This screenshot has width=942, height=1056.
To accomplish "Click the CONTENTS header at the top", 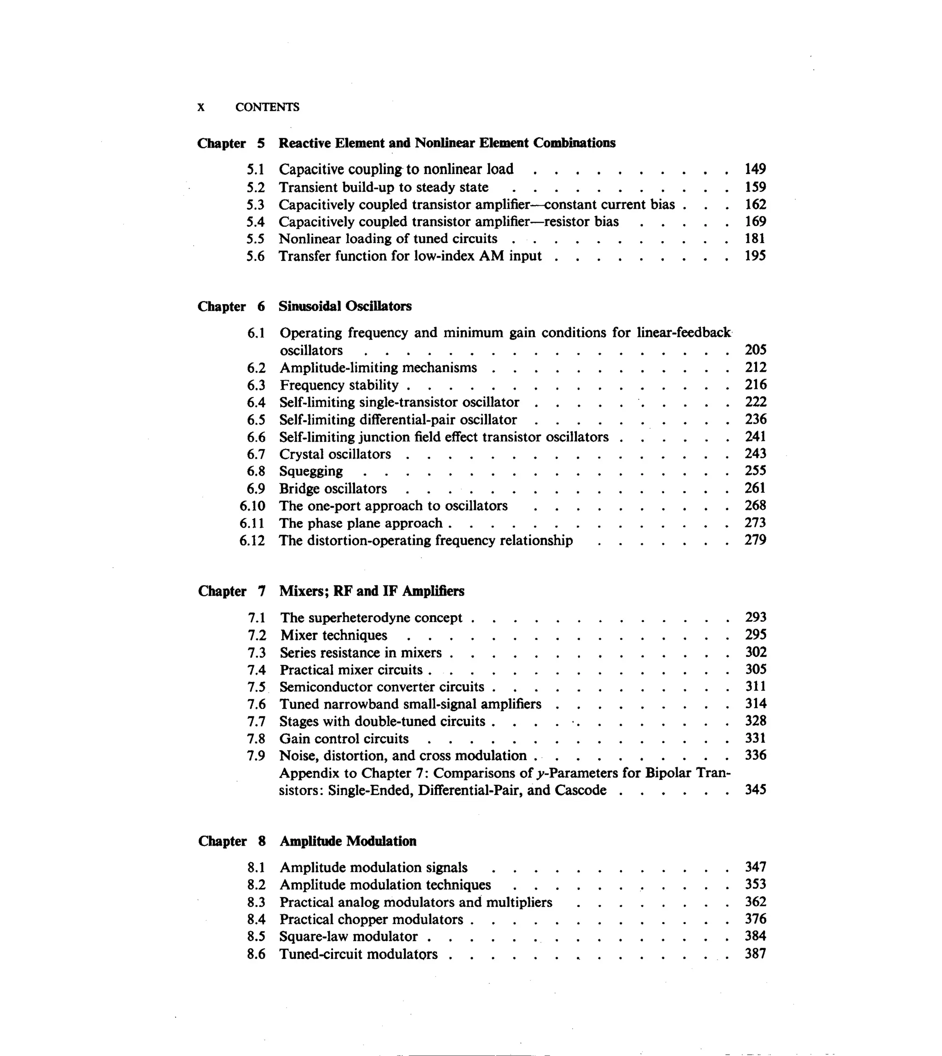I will pyautogui.click(x=267, y=107).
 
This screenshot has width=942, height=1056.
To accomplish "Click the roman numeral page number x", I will pyautogui.click(x=201, y=107).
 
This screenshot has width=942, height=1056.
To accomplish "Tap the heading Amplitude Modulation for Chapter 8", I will pyautogui.click(x=348, y=841).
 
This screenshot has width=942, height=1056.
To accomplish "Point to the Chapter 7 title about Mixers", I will pyautogui.click(x=372, y=591).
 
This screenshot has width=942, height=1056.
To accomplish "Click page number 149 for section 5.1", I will pyautogui.click(x=755, y=169).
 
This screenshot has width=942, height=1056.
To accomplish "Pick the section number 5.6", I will pyautogui.click(x=255, y=256).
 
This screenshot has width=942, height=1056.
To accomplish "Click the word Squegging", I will pyautogui.click(x=311, y=471).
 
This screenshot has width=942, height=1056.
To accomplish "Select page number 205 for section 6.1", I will pyautogui.click(x=755, y=350).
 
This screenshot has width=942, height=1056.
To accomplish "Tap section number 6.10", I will pyautogui.click(x=252, y=506).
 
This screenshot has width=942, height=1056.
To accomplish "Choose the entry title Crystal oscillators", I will pyautogui.click(x=335, y=454).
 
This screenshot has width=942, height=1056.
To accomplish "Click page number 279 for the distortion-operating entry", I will pyautogui.click(x=755, y=540).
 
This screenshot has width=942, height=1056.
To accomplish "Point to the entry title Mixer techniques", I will pyautogui.click(x=334, y=635).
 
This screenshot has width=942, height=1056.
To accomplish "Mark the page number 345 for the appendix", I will pyautogui.click(x=755, y=790).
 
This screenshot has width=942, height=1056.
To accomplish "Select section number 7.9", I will pyautogui.click(x=256, y=756).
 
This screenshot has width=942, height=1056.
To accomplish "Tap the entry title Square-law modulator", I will pyautogui.click(x=348, y=936).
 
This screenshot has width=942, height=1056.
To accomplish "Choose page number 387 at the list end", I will pyautogui.click(x=755, y=953).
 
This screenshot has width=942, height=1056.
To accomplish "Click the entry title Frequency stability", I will pyautogui.click(x=339, y=385).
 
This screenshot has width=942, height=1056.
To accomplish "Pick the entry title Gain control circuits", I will pyautogui.click(x=344, y=739).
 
